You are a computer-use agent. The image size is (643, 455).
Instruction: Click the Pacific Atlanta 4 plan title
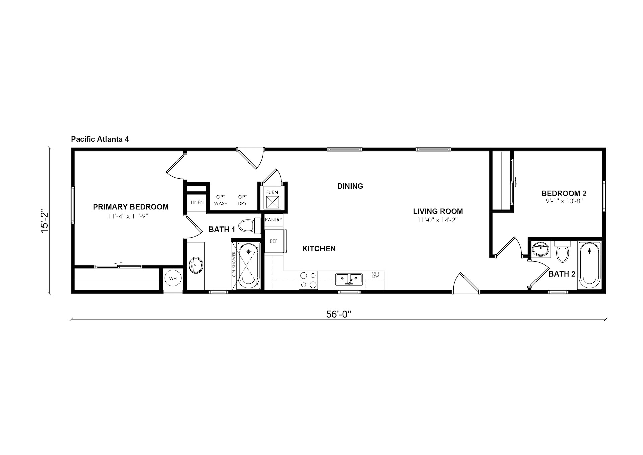pos(100,139)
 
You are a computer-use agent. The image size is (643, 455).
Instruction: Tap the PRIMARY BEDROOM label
pos(131,207)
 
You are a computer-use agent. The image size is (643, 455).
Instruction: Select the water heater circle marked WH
pos(173,279)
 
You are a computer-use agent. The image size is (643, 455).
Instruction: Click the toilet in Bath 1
pos(251,225)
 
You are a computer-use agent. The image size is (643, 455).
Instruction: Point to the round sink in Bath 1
pos(196,265)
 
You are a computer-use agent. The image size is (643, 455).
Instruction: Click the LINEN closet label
pos(197,202)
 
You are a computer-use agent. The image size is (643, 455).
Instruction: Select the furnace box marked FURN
pos(272,200)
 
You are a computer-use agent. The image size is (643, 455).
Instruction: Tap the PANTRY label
pos(274,220)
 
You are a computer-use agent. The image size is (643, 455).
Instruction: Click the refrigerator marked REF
pos(274,241)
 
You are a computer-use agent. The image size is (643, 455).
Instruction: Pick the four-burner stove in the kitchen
pos(308,280)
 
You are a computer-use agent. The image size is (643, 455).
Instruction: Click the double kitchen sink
pos(349,279)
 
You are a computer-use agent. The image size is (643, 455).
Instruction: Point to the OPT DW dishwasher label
pos(375,275)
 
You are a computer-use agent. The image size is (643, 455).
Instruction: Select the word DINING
pos(350,186)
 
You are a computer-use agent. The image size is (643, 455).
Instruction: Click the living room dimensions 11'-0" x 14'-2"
pos(438,220)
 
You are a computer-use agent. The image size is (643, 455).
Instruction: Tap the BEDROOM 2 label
pos(564,193)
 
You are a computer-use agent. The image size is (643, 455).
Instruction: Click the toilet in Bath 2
pos(563,252)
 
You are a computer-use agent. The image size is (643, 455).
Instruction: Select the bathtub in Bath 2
pos(590,265)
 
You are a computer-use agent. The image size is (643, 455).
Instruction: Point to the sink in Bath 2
pos(541,249)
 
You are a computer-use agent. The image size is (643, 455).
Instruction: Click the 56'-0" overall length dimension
pos(338,314)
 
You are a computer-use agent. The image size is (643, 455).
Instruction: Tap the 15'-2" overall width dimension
pos(45,222)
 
